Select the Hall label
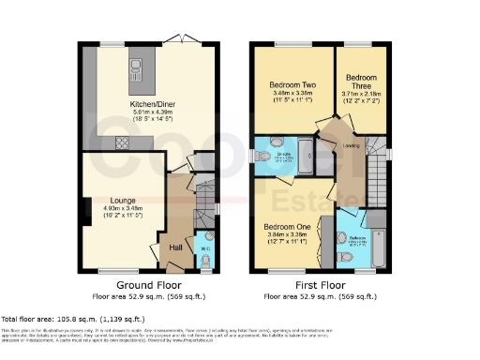(x=175, y=247)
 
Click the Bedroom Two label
(x=292, y=82)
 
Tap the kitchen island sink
(x=137, y=66)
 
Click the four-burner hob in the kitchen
(x=121, y=142)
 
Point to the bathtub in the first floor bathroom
(x=376, y=247)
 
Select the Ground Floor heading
(x=149, y=284)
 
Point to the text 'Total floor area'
(x=28, y=320)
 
